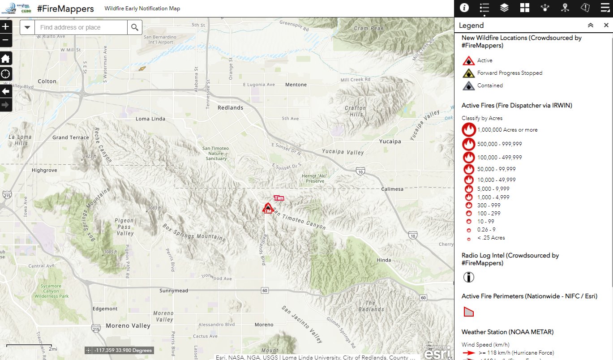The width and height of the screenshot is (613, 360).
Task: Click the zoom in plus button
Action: (x=5, y=26)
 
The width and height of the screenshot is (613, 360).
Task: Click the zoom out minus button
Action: (x=5, y=40)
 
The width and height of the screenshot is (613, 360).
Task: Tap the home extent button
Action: (x=6, y=59)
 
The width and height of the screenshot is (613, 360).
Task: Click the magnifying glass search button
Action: (x=135, y=28)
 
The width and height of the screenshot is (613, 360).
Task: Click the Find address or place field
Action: (x=81, y=28)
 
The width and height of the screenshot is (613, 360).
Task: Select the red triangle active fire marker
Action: (x=268, y=208)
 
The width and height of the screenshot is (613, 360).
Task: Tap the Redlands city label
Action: (x=230, y=107)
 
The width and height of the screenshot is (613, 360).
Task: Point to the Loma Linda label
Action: (x=150, y=119)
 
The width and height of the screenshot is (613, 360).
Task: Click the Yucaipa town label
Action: (x=390, y=141)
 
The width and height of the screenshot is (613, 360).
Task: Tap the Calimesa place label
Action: (x=392, y=189)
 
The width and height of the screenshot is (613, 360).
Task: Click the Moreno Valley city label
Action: (x=128, y=326)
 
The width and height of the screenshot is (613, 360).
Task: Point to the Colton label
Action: (x=47, y=81)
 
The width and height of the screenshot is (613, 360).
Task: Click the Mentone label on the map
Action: (x=296, y=85)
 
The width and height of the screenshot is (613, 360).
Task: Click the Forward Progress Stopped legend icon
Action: (x=468, y=73)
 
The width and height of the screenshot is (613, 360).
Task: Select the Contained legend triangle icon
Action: (x=468, y=86)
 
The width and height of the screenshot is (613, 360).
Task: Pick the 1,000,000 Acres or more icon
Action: (x=469, y=130)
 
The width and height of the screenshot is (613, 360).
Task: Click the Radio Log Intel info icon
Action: (x=468, y=277)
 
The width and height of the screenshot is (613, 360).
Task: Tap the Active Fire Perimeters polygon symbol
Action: (x=468, y=312)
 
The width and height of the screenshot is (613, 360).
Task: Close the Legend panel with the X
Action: (x=606, y=26)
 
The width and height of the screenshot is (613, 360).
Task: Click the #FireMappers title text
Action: (x=65, y=9)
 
